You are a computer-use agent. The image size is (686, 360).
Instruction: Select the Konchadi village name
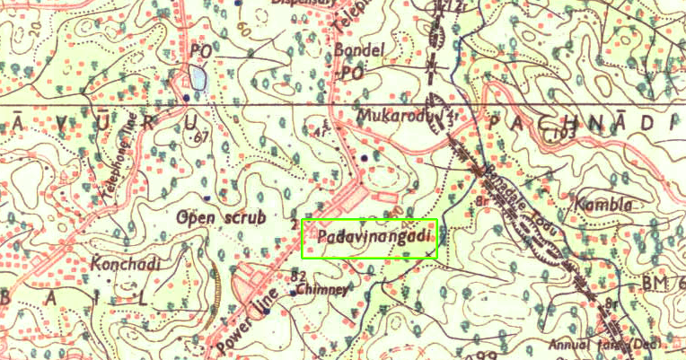(x=125, y=264)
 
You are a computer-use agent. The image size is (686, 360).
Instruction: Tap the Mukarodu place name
(x=394, y=117)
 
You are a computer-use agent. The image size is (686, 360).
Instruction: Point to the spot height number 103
(x=562, y=133)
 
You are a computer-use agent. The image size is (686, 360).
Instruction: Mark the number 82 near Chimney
(x=300, y=275)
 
